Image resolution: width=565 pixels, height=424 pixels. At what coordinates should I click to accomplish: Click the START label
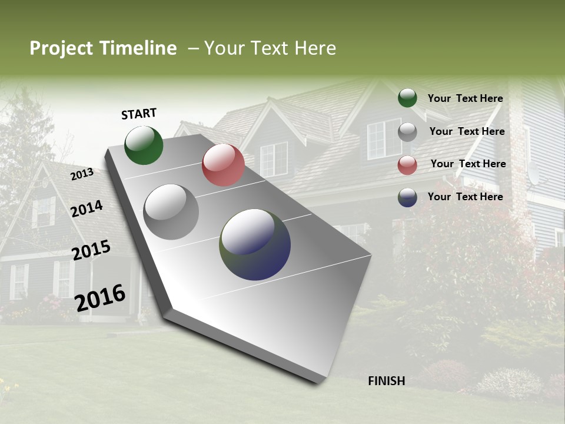(139, 114)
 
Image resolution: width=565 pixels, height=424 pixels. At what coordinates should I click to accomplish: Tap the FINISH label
(386, 381)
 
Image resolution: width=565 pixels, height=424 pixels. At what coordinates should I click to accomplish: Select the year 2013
(82, 174)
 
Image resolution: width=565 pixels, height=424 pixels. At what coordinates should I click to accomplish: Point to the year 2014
(87, 208)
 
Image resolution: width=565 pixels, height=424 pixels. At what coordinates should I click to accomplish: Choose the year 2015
(91, 250)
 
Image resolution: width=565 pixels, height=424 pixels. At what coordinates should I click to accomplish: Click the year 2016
(100, 297)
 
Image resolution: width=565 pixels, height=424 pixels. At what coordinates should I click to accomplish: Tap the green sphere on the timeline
(144, 145)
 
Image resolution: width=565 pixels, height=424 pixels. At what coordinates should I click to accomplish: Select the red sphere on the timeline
(223, 165)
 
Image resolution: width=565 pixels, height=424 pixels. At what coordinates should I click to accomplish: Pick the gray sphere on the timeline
(171, 212)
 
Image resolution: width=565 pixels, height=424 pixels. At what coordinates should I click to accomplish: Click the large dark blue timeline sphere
(255, 244)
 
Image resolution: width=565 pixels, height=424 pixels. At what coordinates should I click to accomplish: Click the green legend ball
(407, 98)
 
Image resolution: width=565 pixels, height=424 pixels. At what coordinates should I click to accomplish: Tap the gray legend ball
(407, 132)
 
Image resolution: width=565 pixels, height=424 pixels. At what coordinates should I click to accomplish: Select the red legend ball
(407, 165)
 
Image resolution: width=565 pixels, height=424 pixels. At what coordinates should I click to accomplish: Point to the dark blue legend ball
(407, 197)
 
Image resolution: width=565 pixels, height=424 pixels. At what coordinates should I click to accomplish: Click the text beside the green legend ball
(465, 98)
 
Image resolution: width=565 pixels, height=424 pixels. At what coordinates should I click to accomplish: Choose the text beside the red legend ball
(468, 164)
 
